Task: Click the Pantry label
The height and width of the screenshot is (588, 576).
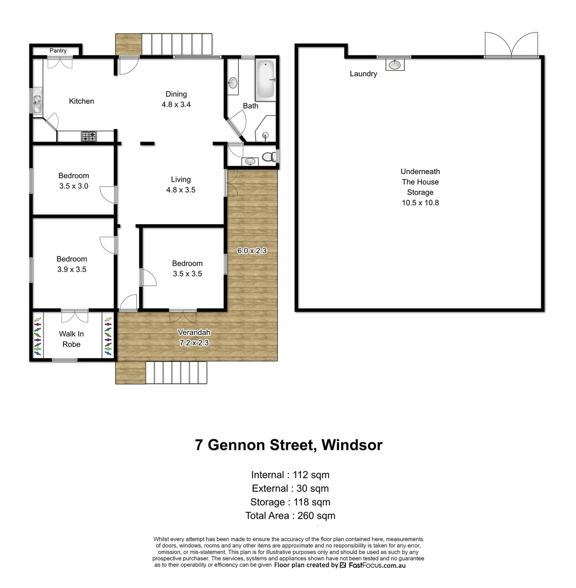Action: click(x=58, y=51)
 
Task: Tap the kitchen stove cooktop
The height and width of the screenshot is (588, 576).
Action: click(x=89, y=137)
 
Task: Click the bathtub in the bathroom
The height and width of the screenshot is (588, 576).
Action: click(x=266, y=80)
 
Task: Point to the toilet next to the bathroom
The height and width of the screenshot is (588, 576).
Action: click(x=269, y=157)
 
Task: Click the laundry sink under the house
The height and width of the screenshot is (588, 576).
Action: click(x=394, y=65)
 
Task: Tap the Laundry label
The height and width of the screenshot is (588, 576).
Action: click(x=363, y=73)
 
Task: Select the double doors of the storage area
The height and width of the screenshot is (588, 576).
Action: click(x=511, y=45)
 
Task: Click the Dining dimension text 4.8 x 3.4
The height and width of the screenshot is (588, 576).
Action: click(x=175, y=105)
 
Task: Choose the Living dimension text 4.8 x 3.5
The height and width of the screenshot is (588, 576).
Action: click(x=180, y=190)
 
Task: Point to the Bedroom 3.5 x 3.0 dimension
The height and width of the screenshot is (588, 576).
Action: click(x=74, y=186)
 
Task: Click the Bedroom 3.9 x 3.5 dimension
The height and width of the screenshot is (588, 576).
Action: click(x=72, y=269)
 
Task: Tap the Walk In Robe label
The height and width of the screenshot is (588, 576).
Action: click(x=71, y=339)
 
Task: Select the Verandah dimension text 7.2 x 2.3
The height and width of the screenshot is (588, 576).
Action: click(x=193, y=343)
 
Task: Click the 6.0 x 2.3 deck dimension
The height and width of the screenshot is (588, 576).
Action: click(x=251, y=251)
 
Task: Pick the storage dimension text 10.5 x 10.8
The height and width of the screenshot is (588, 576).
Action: click(x=420, y=203)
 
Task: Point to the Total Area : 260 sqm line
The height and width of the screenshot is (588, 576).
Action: click(x=290, y=516)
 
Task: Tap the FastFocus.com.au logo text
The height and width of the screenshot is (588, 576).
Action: click(x=376, y=565)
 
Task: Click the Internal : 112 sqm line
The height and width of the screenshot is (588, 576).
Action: click(x=290, y=475)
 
